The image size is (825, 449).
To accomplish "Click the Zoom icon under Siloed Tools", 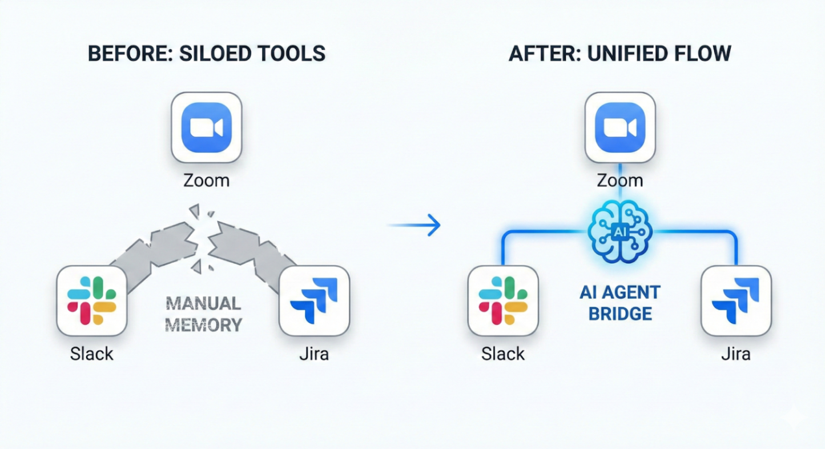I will pos(207,127).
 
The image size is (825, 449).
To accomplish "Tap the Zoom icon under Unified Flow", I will pos(620,127).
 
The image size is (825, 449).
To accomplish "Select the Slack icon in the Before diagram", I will pos(92,300).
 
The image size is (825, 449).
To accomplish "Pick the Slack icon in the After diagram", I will pos(503,300).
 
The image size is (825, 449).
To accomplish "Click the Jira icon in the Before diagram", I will pos(314,300).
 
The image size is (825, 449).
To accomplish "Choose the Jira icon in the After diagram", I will pos(736,300).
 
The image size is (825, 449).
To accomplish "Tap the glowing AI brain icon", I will pos(619,231).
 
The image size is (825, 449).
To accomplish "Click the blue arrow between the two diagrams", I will pos(415,225).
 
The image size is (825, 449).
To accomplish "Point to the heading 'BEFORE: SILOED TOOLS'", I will pos(207,54).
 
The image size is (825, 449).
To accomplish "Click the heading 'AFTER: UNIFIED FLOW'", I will pos(619,54).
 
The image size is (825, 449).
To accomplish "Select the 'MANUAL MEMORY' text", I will pos(203,314).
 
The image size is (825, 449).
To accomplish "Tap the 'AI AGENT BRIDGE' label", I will pos(619,303).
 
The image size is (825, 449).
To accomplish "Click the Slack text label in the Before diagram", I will pos(92,354).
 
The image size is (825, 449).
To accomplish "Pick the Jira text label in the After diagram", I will pos(736,354).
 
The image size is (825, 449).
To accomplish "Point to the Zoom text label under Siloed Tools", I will pos(207,181).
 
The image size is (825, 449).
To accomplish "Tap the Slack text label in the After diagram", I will pos(503,354).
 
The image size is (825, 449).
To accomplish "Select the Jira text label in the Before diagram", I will pos(314,354).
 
